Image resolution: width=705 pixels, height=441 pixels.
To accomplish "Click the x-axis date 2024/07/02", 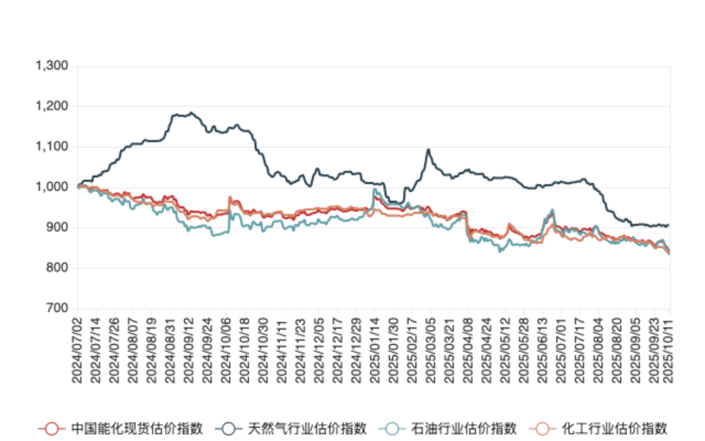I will point(76,345).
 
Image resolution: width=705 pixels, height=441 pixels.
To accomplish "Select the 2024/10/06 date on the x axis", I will point(226,345).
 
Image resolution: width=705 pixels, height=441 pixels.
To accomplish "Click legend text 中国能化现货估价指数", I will point(137,429).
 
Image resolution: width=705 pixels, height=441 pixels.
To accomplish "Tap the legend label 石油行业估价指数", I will point(463,429).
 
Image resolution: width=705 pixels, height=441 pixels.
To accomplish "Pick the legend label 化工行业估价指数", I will point(614,429).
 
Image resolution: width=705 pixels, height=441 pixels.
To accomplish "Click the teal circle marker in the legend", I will point(392,429).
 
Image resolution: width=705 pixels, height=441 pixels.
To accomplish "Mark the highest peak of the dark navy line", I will point(192,112).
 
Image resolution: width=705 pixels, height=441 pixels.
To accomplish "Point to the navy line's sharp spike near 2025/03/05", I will point(428,150).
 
